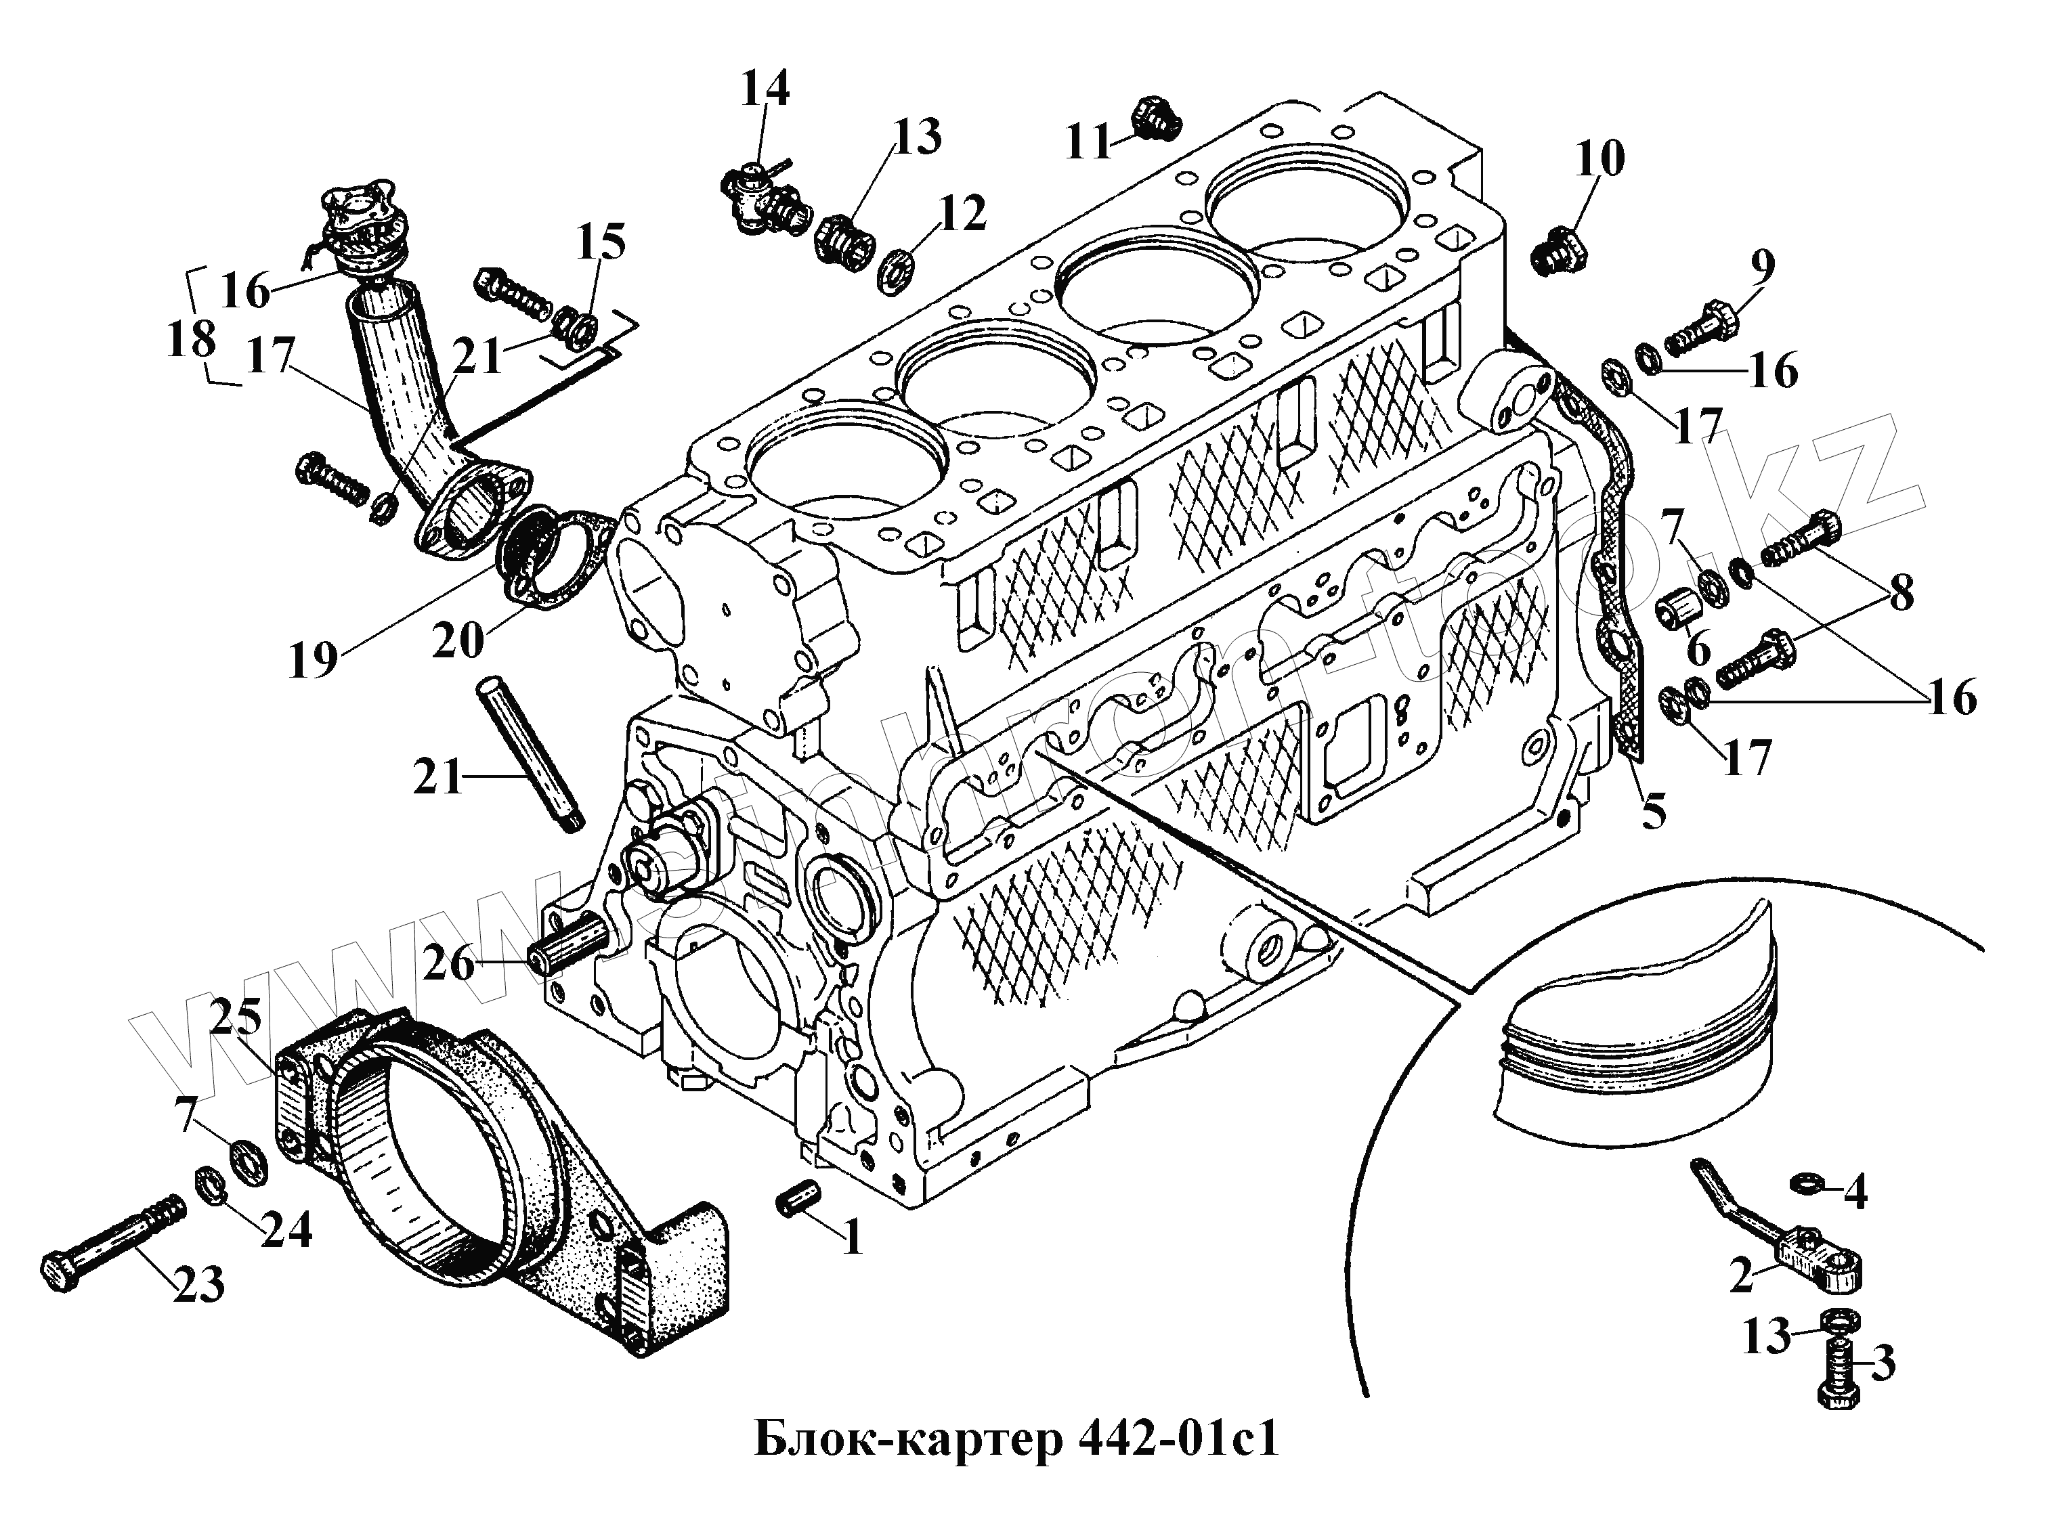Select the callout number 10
coord(1599,158)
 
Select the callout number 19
coord(314,659)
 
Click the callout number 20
coord(457,640)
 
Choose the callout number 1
coord(852,1238)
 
